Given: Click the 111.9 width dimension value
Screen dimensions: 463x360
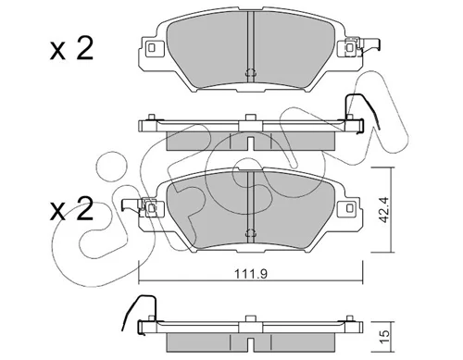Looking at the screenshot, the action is [251, 274].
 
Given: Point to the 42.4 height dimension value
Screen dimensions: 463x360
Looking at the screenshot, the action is [383, 210].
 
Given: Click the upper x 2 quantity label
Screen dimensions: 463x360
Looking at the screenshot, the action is [71, 49].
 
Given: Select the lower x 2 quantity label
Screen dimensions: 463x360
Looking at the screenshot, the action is [71, 209].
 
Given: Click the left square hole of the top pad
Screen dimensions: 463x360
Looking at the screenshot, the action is [151, 47].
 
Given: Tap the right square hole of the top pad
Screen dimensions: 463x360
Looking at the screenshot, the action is [349, 47].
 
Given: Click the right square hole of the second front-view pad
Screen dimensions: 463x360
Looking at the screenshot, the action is [349, 208].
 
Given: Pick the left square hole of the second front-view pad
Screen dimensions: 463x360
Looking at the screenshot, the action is [151, 208].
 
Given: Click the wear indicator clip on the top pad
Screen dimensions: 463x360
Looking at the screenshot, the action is [364, 47].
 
